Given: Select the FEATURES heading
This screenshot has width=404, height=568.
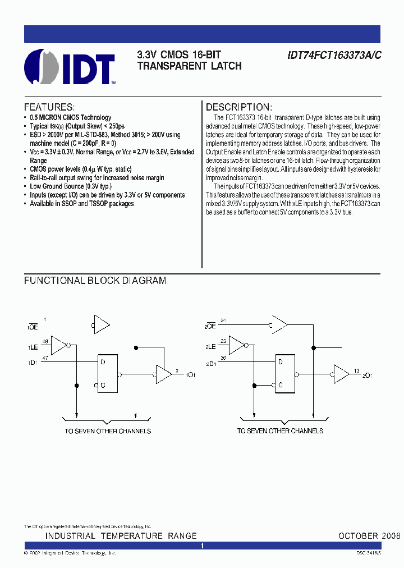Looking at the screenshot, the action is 49,107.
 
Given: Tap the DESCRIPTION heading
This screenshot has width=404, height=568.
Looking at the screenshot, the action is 239,107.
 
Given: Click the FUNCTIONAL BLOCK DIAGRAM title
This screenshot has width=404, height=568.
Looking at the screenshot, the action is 95,281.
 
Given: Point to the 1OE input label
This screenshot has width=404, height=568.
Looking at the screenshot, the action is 33,326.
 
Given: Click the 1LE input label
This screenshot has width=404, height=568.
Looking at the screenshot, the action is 33,348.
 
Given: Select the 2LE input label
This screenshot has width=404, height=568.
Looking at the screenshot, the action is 210,348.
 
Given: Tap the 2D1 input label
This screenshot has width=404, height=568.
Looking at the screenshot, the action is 211,364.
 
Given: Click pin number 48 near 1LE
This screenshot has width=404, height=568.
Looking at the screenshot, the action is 45,341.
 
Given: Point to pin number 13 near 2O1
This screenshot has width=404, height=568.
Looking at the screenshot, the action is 357,370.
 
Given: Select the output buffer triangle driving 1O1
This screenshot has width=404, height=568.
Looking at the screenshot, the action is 163,374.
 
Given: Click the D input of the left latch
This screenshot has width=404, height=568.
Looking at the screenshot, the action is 103,362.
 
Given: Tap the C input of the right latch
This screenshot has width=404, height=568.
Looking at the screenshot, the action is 279,385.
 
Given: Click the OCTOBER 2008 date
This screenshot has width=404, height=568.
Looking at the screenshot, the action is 369,536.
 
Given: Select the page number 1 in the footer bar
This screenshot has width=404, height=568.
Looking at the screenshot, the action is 202,546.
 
